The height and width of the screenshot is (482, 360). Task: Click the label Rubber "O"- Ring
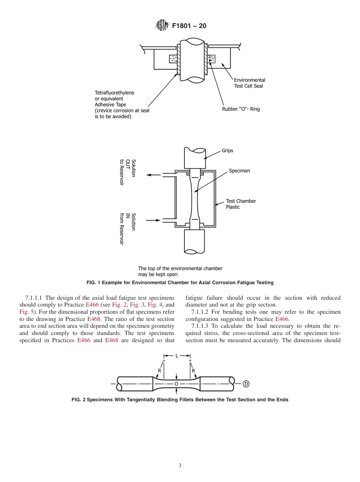click(x=241, y=109)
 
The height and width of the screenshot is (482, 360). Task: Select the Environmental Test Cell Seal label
click(x=249, y=83)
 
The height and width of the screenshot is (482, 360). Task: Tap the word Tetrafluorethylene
click(x=114, y=92)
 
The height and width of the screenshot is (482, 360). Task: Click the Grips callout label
click(x=227, y=150)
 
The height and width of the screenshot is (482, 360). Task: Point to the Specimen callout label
click(x=239, y=171)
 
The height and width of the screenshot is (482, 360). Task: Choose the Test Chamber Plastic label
click(x=241, y=204)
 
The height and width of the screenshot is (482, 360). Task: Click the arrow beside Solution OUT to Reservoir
click(x=153, y=175)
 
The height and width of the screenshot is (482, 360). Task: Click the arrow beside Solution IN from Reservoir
click(x=153, y=220)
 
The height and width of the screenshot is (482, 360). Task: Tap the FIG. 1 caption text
click(x=180, y=283)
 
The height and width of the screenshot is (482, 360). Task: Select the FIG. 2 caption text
click(x=180, y=400)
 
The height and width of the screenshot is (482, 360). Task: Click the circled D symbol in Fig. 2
click(x=246, y=384)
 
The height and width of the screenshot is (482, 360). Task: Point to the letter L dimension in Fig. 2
click(x=177, y=356)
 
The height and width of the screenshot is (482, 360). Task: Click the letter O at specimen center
click(x=176, y=384)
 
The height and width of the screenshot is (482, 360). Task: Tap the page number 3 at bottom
click(x=180, y=466)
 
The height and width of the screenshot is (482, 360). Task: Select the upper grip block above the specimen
click(x=195, y=158)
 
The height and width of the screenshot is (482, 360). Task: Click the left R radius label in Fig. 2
click(x=160, y=371)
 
